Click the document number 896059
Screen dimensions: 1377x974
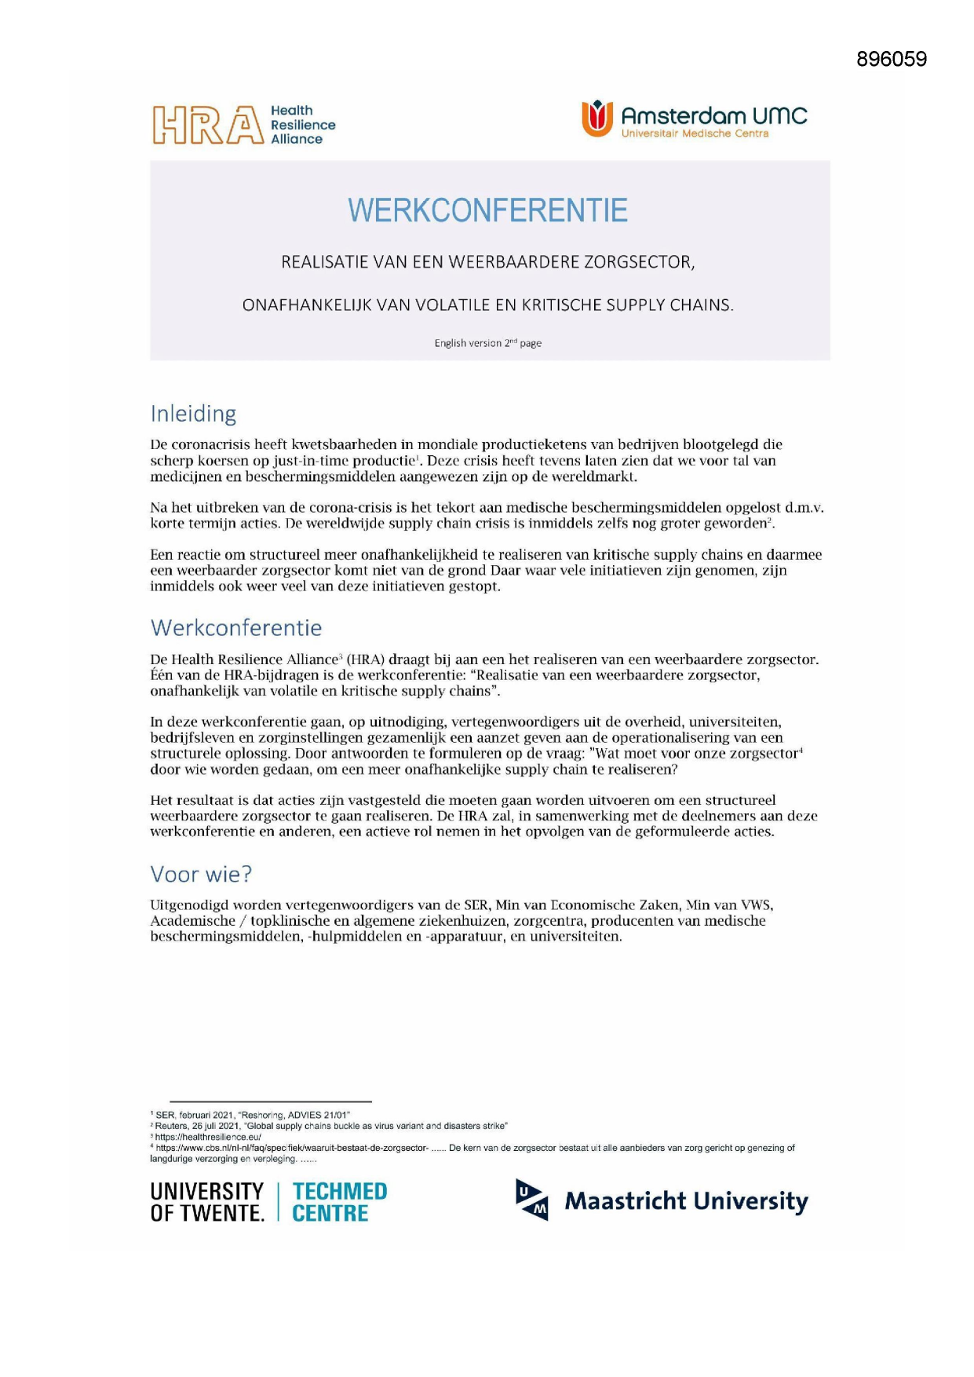891,60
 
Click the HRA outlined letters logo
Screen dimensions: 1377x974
208,126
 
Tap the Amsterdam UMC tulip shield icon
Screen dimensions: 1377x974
596,119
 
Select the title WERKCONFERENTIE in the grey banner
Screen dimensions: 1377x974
487,210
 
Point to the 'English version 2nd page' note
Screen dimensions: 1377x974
487,343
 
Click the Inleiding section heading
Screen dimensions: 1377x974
193,414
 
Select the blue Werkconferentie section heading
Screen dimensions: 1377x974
236,628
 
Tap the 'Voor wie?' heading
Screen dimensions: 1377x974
201,874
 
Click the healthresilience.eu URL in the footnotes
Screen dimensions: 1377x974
208,1137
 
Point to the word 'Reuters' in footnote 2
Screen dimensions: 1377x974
172,1126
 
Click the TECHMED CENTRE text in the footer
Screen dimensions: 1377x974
339,1203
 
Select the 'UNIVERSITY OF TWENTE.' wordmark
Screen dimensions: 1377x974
207,1203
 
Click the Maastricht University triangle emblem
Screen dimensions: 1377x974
531,1200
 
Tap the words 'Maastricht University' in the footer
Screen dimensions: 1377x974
686,1201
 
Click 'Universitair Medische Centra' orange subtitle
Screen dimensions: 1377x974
695,133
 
